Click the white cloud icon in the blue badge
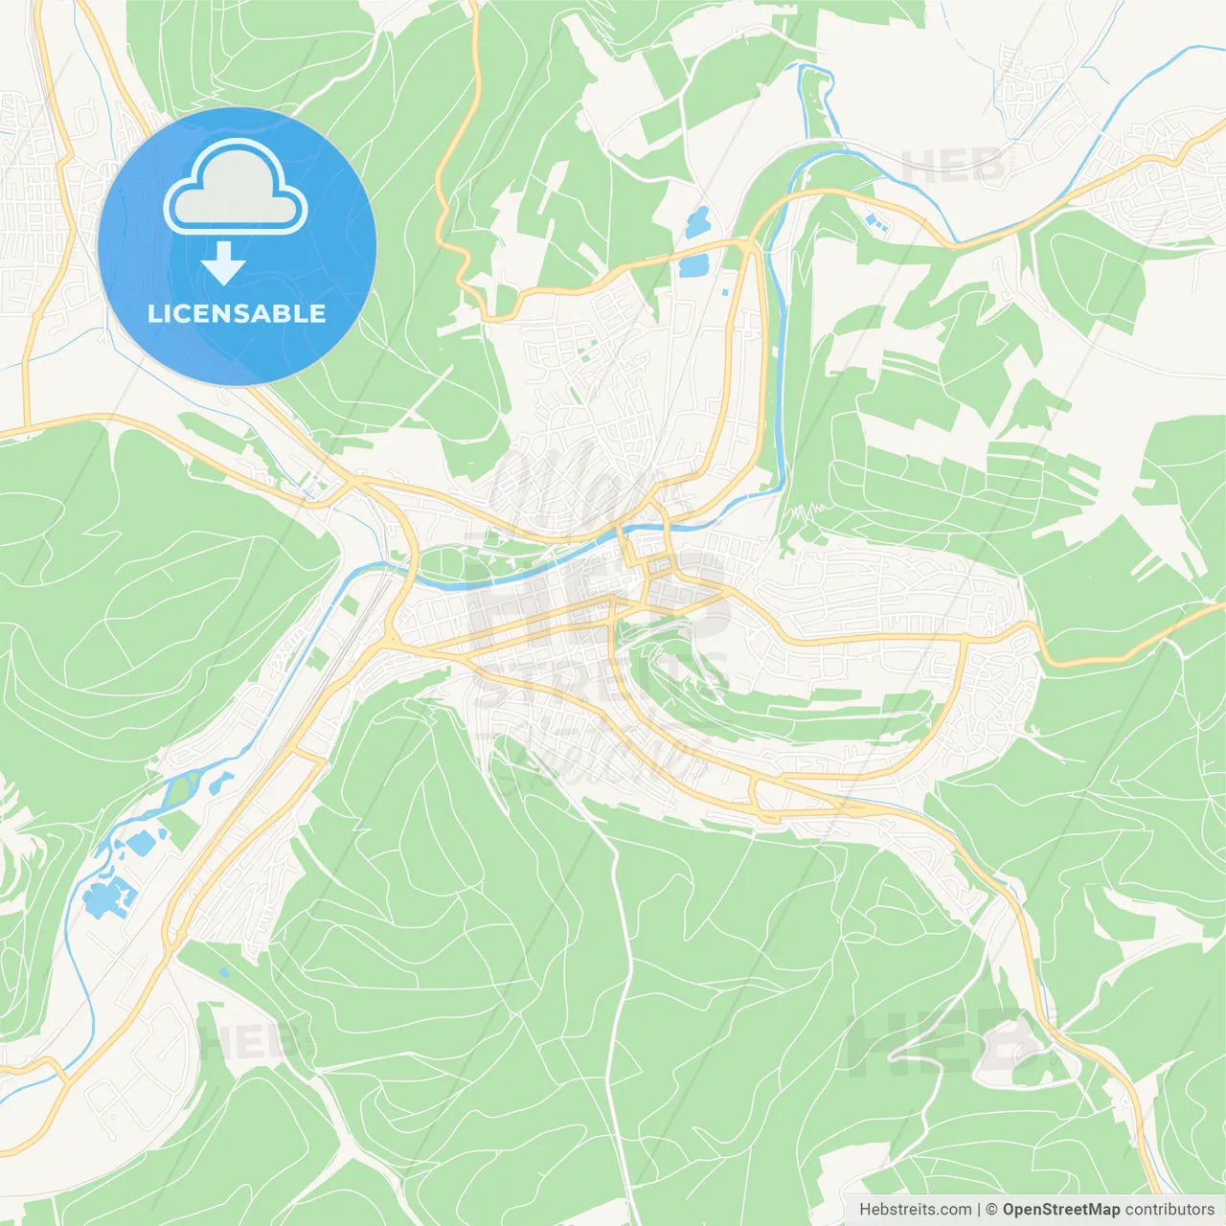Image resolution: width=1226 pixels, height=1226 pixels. [x=236, y=187]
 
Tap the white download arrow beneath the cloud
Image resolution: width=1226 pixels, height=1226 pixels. [x=223, y=263]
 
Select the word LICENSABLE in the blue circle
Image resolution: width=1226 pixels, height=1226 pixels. [x=237, y=313]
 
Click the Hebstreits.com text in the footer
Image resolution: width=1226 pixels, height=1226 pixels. [x=915, y=1209]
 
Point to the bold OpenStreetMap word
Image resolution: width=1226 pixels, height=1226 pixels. [x=1060, y=1209]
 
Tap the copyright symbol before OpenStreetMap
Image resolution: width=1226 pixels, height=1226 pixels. [x=991, y=1209]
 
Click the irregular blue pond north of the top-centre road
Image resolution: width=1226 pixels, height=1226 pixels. [x=697, y=223]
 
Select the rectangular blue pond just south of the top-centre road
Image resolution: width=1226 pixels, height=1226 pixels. [x=692, y=265]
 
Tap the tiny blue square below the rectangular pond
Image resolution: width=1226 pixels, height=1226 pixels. [x=724, y=291]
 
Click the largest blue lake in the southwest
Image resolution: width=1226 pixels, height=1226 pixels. [x=102, y=899]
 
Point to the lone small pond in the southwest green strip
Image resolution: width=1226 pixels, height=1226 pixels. [x=223, y=973]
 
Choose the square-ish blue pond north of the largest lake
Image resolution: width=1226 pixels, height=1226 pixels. [x=141, y=844]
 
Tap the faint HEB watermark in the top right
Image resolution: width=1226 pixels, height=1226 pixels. [x=953, y=166]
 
